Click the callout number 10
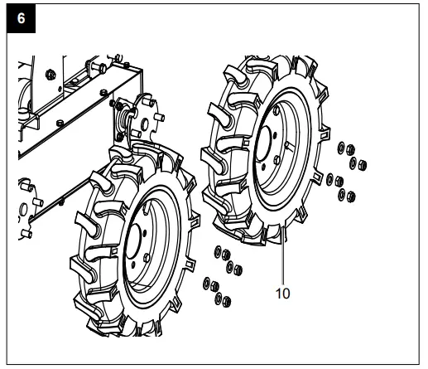[284, 292]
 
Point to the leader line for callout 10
[284, 257]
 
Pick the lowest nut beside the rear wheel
[349, 197]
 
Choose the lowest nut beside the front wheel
[219, 299]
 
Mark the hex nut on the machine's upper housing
[51, 73]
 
